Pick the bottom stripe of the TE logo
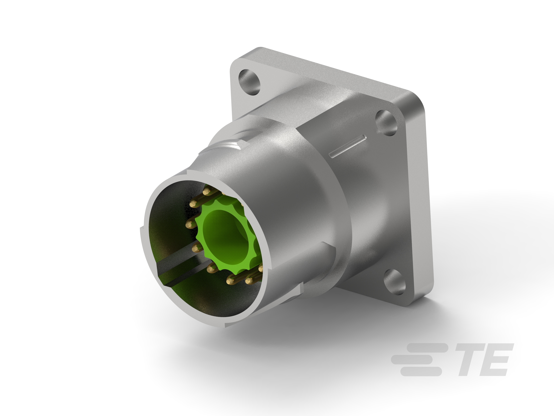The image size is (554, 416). point(421,372)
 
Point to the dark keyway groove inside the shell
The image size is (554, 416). point(175,266)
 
